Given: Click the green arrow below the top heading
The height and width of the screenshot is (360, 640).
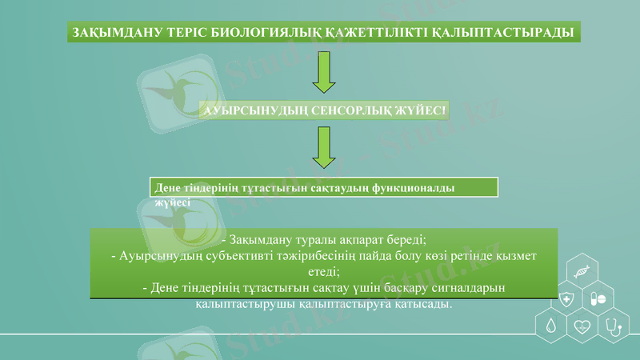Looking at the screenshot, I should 323,73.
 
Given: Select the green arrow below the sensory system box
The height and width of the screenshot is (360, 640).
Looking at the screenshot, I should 323,147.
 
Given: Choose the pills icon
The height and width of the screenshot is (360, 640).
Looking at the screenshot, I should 598,299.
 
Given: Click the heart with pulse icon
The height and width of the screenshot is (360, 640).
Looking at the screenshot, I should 582,326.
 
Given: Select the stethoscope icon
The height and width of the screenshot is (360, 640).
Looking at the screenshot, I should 614,326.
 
